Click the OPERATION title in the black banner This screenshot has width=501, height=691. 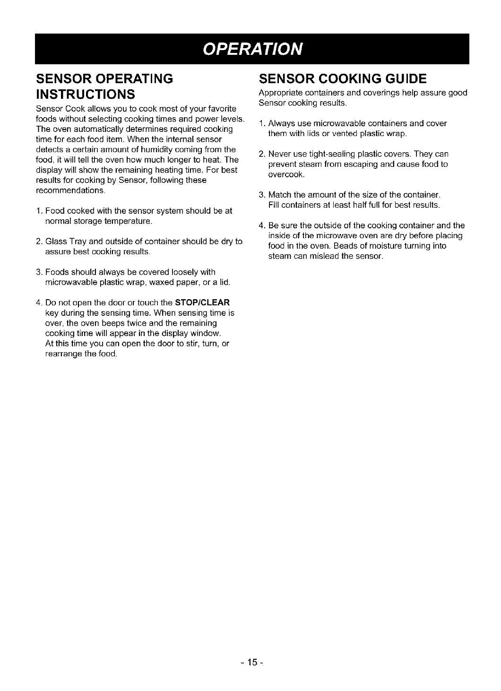(x=252, y=49)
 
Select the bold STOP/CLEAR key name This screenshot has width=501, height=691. (x=202, y=302)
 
